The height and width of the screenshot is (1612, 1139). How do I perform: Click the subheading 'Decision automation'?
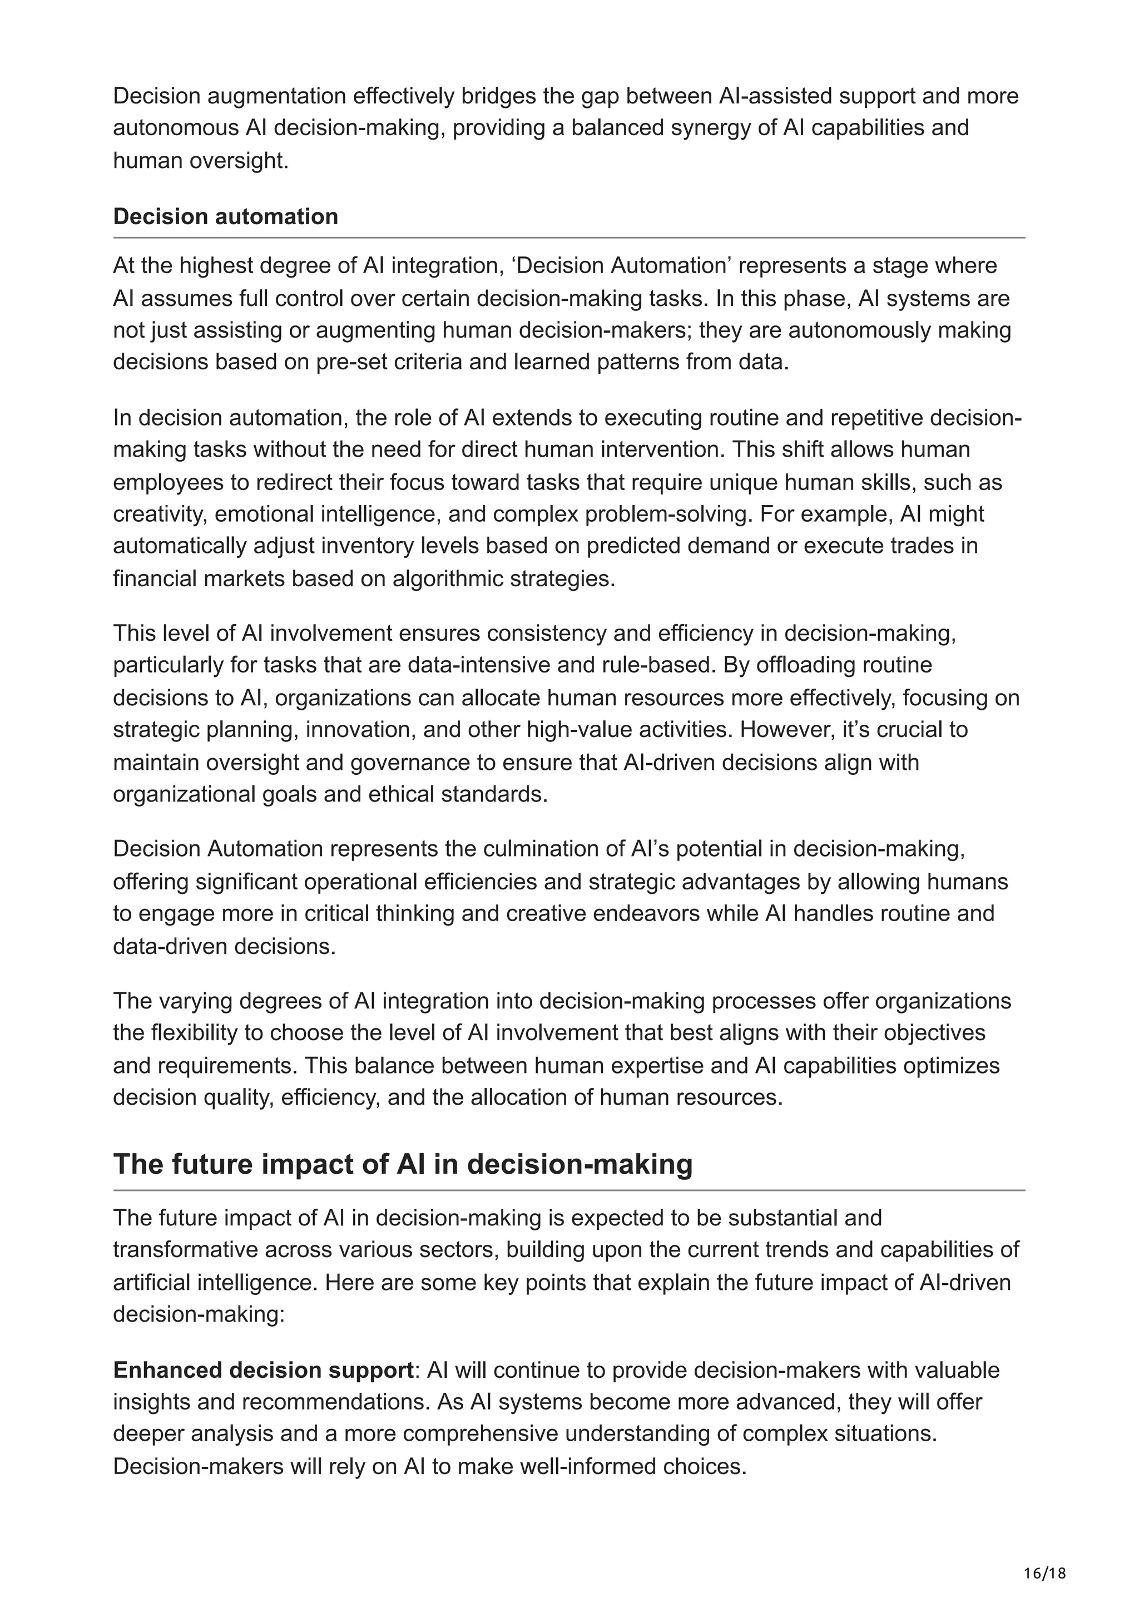tap(225, 216)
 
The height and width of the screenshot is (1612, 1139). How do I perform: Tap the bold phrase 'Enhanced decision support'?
tap(263, 1370)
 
